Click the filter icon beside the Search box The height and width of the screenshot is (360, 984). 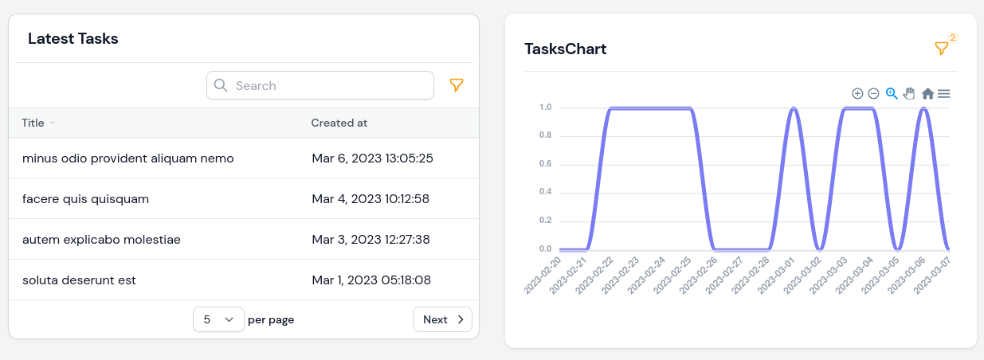point(457,85)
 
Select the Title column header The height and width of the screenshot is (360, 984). point(33,123)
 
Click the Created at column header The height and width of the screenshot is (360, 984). point(339,123)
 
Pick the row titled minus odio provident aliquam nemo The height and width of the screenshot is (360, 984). point(128,158)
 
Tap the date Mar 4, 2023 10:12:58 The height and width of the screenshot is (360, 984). point(370,198)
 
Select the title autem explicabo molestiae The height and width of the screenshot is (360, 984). point(101,239)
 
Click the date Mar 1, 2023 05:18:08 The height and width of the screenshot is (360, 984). point(371,280)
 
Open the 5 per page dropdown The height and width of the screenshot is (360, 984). point(218,319)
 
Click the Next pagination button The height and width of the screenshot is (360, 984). point(442,319)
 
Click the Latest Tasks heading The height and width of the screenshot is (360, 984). point(73,38)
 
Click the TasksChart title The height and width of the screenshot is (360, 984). point(565,49)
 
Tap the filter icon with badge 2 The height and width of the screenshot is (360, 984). point(941,49)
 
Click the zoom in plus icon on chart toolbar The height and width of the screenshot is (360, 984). point(857,93)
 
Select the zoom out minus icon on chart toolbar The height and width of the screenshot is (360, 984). point(873,93)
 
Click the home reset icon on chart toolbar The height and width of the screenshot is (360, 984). point(927,93)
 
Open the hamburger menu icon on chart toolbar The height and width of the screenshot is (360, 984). point(943,93)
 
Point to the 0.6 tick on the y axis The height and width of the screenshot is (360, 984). point(545,163)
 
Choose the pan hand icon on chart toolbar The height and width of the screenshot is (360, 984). point(909,93)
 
